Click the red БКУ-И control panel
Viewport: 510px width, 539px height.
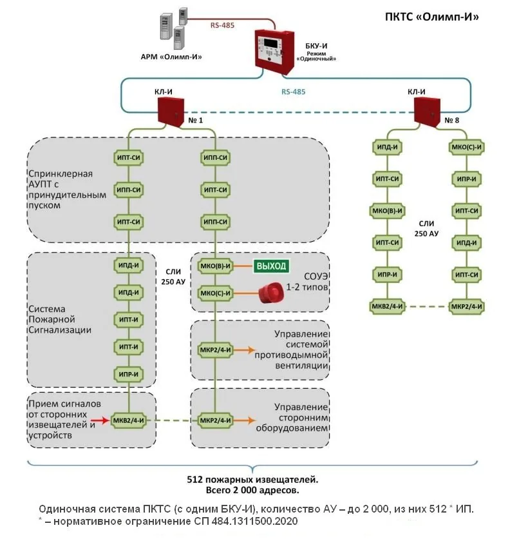pyautogui.click(x=274, y=52)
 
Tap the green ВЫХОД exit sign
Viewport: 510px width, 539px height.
pyautogui.click(x=271, y=266)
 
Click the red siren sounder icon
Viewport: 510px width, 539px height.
pyautogui.click(x=271, y=293)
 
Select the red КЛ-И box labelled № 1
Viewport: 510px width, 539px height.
pyautogui.click(x=171, y=112)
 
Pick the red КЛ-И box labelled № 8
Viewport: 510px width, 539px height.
pyautogui.click(x=427, y=112)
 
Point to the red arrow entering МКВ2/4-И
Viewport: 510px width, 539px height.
pyautogui.click(x=100, y=420)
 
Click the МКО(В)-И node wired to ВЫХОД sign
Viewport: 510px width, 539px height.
pyautogui.click(x=215, y=266)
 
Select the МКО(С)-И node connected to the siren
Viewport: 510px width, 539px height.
pyautogui.click(x=215, y=293)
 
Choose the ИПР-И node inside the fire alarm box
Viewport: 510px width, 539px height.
pyautogui.click(x=128, y=374)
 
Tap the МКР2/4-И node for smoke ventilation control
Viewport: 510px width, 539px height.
pyautogui.click(x=215, y=350)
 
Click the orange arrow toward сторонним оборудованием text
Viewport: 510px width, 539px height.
pyautogui.click(x=245, y=420)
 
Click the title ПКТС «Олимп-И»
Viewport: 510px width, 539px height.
pyautogui.click(x=431, y=17)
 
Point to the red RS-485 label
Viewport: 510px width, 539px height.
pyautogui.click(x=222, y=25)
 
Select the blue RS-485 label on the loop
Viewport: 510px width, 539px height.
pyautogui.click(x=293, y=92)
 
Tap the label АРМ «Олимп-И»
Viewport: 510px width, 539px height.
pyautogui.click(x=171, y=57)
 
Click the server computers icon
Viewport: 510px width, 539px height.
pyautogui.click(x=174, y=28)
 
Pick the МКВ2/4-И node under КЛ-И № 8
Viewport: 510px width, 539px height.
pyautogui.click(x=388, y=306)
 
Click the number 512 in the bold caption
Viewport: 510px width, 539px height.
pyautogui.click(x=194, y=480)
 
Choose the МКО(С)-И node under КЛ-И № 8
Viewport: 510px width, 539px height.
pyautogui.click(x=466, y=147)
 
